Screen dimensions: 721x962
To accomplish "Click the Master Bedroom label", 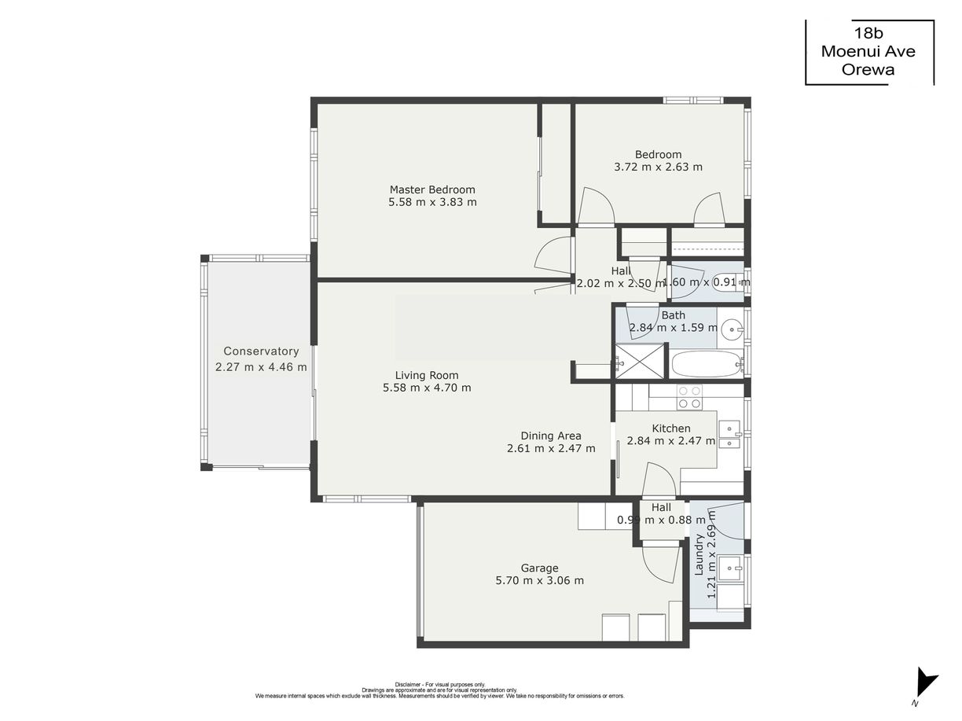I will coord(432,189).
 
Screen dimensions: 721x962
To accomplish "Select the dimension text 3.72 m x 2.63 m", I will coord(658,167).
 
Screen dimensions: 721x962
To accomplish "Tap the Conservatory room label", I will coord(261,351).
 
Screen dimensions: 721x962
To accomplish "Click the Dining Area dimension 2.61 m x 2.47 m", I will coord(551,448).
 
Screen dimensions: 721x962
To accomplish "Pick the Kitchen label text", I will coord(671,429).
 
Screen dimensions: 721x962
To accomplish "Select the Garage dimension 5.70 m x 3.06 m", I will coord(539,580).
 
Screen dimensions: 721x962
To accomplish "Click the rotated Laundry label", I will coord(699,554).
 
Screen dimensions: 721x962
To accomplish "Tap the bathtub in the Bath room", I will coord(707,364).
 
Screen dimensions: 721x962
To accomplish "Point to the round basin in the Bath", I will coord(732,327).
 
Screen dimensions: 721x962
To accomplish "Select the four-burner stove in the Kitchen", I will coord(689,397).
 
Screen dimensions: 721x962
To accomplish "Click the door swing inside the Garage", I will coord(660,562).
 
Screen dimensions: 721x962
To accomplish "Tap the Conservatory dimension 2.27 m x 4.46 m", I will coord(261,366).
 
